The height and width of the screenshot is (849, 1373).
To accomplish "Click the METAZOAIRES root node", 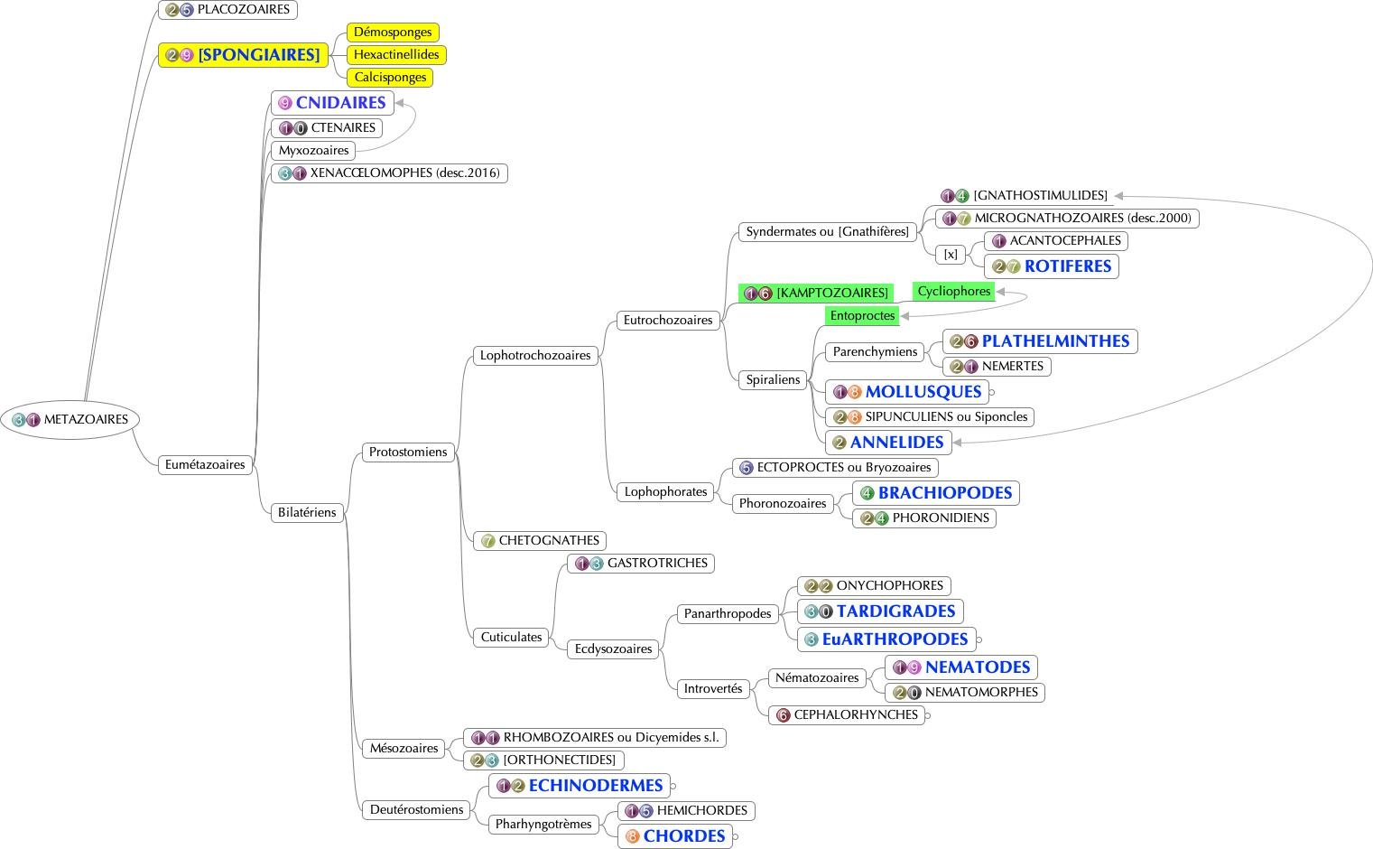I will tap(70, 419).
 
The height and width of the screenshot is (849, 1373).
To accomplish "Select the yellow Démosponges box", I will tap(393, 33).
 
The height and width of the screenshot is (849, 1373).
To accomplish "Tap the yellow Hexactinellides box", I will tap(396, 55).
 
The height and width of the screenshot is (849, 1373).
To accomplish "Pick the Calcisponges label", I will tap(390, 78).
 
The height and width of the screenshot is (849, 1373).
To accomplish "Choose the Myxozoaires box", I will tap(313, 151).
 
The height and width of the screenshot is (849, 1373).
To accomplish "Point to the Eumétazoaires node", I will tap(205, 465).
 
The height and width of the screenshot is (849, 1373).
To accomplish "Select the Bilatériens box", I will tap(307, 513).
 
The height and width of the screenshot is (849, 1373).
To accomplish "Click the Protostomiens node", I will tap(408, 452).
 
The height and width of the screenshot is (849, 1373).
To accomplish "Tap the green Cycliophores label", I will tap(954, 292).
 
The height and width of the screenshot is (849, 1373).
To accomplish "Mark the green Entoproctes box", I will tap(862, 316).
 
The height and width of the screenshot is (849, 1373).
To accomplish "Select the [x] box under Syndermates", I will tap(951, 255).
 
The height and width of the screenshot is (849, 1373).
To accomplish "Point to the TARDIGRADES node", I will tap(895, 611).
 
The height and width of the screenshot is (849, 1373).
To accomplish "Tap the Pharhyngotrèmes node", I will tap(543, 824).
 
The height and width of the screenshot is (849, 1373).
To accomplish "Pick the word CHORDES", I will tap(683, 836).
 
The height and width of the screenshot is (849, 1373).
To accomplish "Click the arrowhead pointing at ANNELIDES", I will tap(958, 443).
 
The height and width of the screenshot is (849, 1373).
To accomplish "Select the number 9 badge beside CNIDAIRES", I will tap(285, 103).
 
